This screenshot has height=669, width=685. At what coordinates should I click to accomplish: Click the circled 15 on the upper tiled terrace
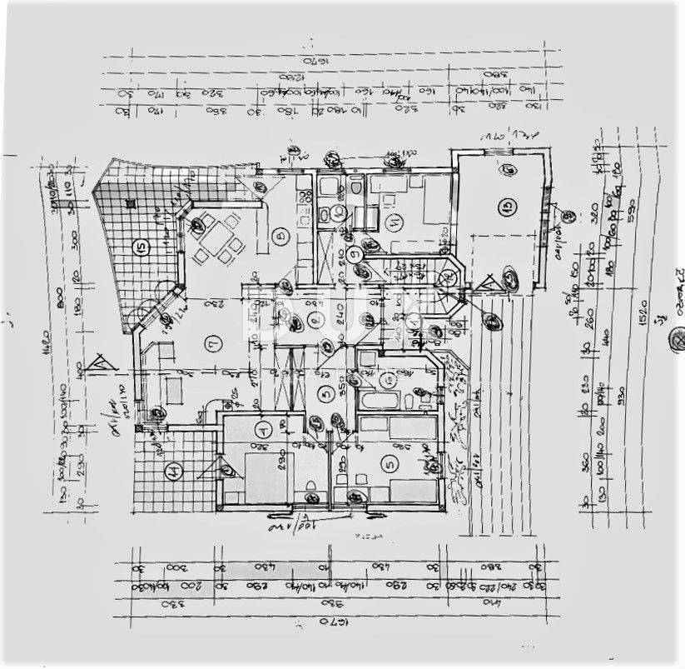coord(140,247)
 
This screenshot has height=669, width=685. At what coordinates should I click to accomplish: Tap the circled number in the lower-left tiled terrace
coord(171,473)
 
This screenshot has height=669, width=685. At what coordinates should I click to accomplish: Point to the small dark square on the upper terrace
coord(131,202)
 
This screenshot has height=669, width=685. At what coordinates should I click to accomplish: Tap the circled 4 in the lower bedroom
coord(263,431)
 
